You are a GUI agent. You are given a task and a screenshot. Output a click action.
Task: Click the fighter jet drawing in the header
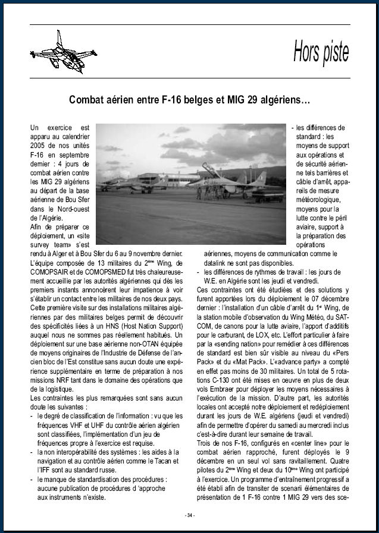[x=62, y=52]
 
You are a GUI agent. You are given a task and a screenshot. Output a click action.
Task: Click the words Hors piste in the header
[x=321, y=52]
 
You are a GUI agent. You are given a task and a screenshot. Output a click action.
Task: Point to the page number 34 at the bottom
[x=190, y=515]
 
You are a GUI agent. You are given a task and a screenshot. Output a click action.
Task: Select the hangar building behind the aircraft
[x=161, y=178]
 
